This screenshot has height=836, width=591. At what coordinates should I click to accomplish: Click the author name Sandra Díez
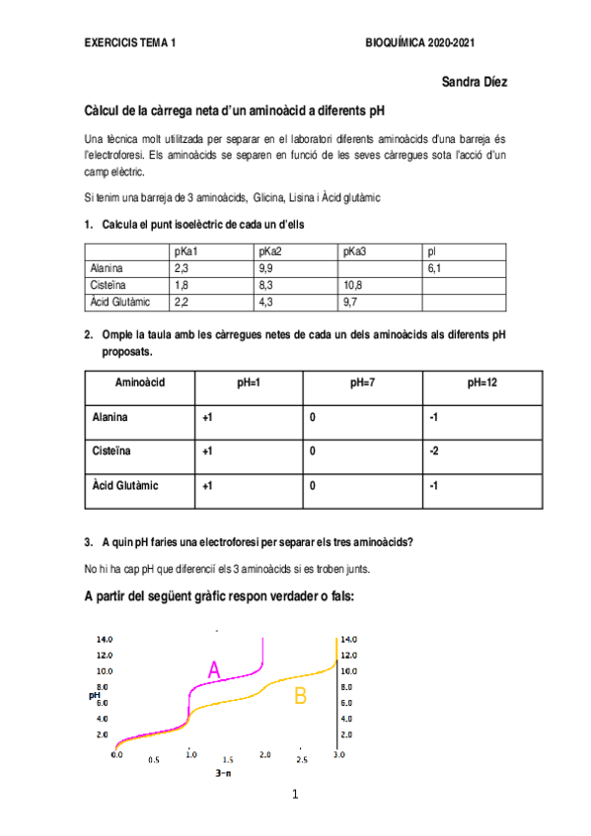click(x=475, y=83)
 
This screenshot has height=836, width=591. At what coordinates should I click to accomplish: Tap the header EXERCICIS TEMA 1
click(x=130, y=44)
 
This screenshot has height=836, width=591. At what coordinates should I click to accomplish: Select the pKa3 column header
click(x=355, y=251)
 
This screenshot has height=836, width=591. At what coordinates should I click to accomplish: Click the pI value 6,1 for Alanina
click(x=435, y=267)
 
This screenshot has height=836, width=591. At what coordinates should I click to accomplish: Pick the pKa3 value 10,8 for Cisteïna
click(x=353, y=284)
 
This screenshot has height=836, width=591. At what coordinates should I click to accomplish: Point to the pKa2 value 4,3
click(x=264, y=301)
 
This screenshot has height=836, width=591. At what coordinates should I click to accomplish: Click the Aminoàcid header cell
click(x=140, y=382)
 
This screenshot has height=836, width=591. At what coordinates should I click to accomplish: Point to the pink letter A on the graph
click(x=214, y=670)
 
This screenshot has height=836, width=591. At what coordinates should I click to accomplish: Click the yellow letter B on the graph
click(x=300, y=696)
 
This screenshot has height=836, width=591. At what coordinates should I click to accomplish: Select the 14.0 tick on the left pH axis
click(x=103, y=639)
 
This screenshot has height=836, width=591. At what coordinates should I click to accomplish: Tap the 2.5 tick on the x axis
click(x=302, y=760)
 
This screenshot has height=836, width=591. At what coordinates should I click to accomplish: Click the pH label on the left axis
click(x=95, y=695)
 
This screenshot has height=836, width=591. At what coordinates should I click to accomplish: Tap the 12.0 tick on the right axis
click(x=348, y=655)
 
